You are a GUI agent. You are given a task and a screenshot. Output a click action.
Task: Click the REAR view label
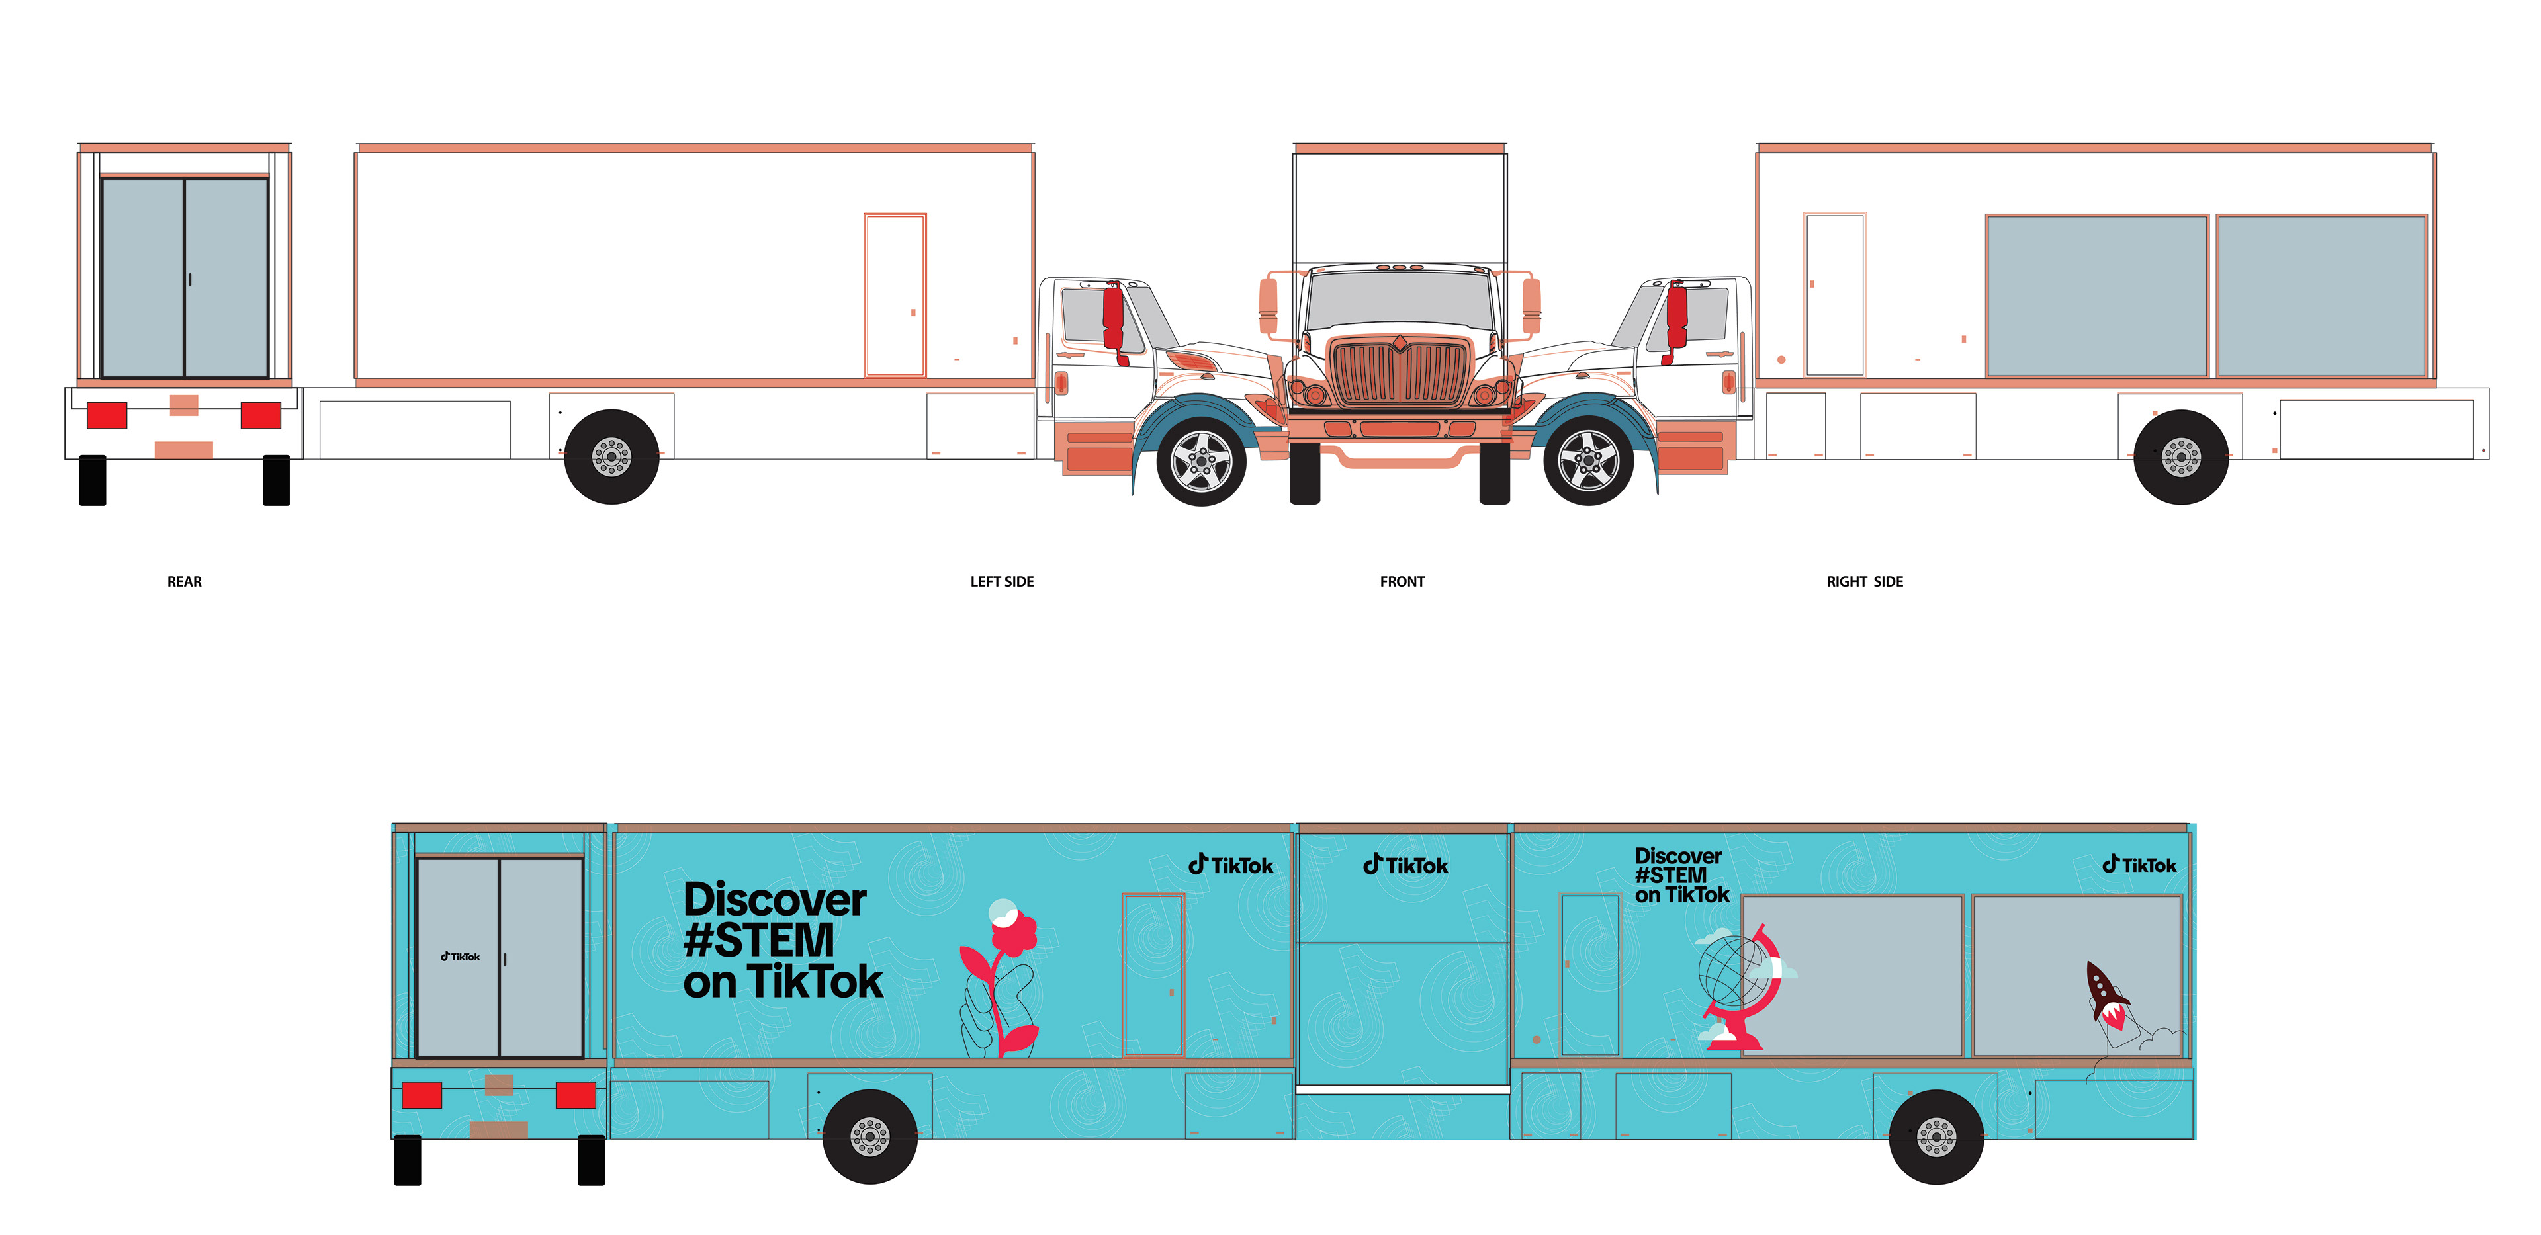[185, 582]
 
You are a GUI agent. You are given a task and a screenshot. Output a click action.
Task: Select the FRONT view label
[1402, 582]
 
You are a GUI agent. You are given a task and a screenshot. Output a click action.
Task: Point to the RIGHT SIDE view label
[1864, 582]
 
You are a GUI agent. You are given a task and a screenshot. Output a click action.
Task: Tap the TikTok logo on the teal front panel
[1405, 865]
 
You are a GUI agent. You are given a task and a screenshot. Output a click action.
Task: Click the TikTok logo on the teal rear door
[460, 957]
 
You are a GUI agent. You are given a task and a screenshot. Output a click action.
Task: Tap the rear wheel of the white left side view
[611, 456]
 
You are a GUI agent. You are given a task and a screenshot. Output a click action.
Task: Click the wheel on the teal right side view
[1936, 1136]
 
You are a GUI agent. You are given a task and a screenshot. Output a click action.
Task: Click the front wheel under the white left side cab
[1200, 460]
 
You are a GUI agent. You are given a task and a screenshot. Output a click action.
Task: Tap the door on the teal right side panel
[1589, 974]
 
